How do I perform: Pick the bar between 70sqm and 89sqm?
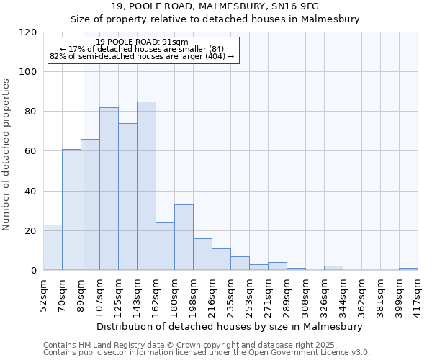point(71,210)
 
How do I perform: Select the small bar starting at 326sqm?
point(333,268)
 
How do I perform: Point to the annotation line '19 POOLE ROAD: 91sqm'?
point(142,42)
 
